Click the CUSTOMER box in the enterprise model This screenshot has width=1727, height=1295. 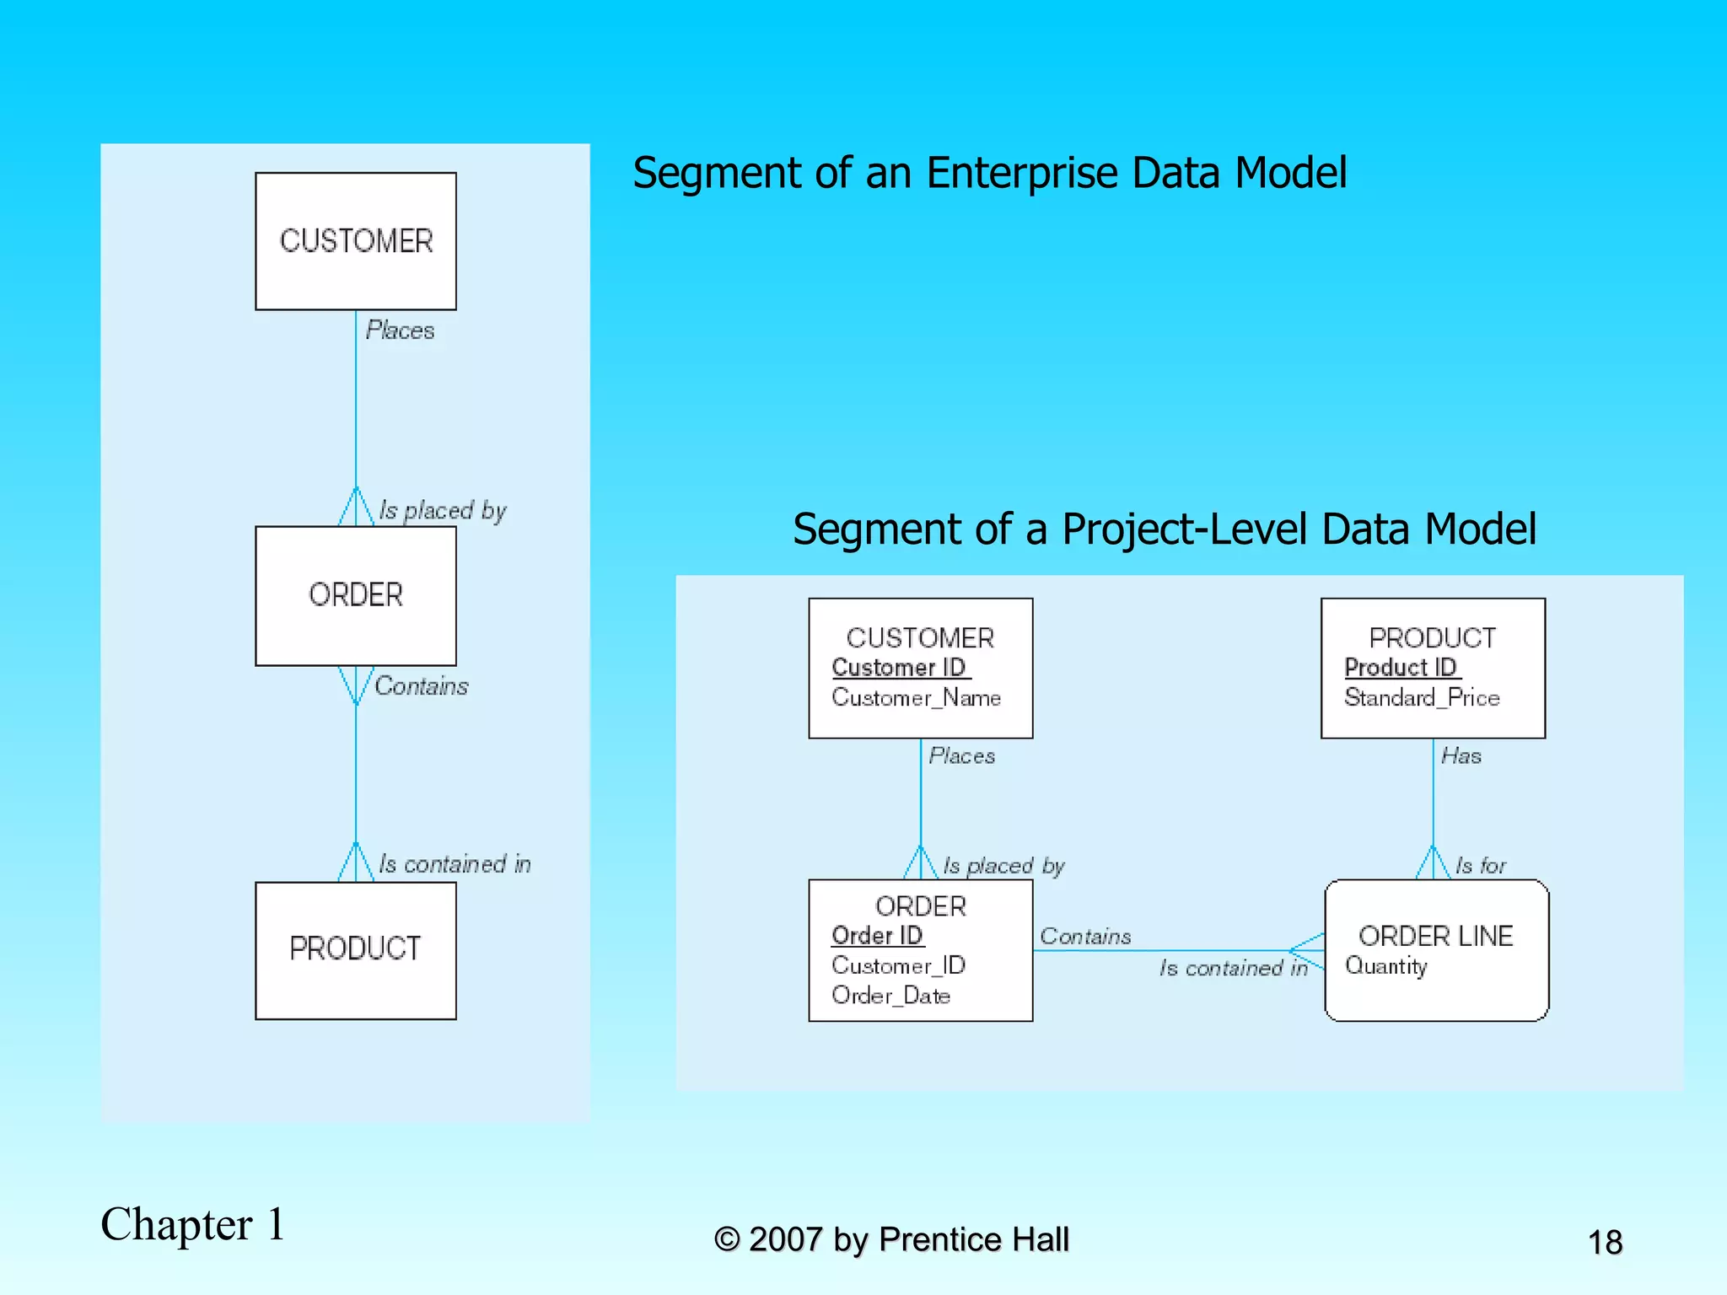pos(355,241)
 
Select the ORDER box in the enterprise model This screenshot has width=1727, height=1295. pos(355,595)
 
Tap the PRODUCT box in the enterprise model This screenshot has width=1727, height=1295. pos(355,949)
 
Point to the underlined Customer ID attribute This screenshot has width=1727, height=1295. pos(899,667)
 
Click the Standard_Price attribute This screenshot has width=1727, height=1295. pos(1422,697)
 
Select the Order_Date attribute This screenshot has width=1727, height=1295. pos(890,996)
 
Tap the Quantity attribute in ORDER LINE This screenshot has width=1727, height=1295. pos(1385,966)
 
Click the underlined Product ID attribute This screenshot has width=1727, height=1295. pos(1401,667)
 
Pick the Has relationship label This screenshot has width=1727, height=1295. pos(1461,756)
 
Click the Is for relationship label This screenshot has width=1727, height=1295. pos(1480,866)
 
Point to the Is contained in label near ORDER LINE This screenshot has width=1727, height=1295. pos(1233,968)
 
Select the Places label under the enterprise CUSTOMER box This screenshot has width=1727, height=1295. pos(400,330)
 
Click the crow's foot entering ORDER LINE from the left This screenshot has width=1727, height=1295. pos(1308,951)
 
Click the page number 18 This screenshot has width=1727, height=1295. pos(1605,1243)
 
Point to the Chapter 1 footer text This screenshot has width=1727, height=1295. pos(193,1224)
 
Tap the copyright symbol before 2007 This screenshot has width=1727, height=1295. pos(726,1239)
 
